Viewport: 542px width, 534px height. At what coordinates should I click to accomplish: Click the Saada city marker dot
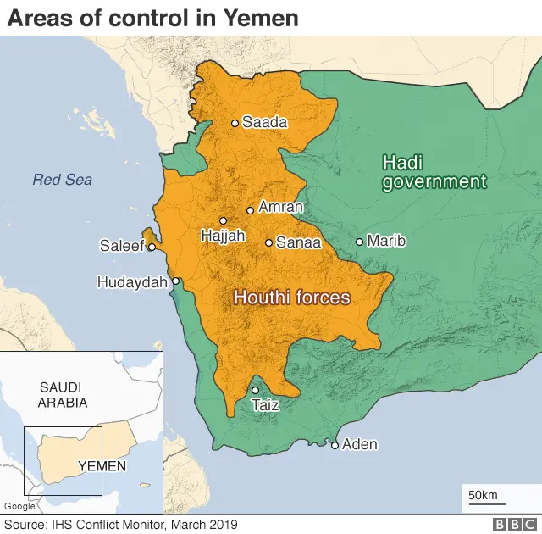click(x=235, y=123)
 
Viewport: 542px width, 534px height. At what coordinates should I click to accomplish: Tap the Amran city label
click(x=280, y=206)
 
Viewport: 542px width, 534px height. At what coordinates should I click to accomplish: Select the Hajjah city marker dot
click(x=224, y=220)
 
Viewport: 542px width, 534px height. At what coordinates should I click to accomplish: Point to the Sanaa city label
click(x=299, y=242)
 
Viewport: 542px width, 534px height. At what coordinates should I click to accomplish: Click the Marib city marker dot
click(x=359, y=242)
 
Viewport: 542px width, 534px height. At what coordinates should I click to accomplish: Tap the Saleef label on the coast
click(x=121, y=247)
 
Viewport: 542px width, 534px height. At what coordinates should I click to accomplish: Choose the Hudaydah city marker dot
click(x=176, y=281)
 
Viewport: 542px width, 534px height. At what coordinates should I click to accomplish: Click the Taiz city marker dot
click(x=255, y=391)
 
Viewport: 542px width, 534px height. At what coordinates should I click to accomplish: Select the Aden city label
click(x=360, y=444)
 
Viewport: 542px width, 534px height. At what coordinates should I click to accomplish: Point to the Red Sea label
click(x=62, y=180)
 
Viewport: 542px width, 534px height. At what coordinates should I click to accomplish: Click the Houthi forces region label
click(x=291, y=298)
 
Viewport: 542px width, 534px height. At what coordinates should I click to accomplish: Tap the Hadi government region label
click(x=434, y=172)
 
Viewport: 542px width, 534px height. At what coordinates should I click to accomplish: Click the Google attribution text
click(x=19, y=507)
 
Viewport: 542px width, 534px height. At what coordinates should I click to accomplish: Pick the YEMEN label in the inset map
click(x=102, y=466)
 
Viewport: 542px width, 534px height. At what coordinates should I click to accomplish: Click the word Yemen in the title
click(x=261, y=18)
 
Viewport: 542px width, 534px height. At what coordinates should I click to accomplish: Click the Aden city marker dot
click(x=335, y=445)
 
